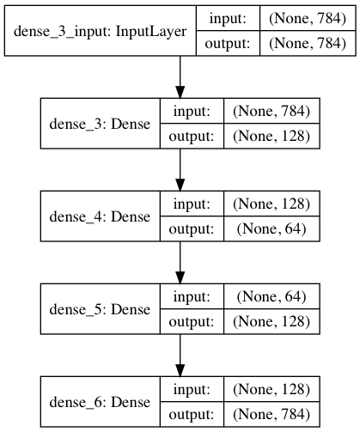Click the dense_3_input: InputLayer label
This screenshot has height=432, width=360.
tap(100, 31)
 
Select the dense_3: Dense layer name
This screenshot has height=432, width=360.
tap(100, 124)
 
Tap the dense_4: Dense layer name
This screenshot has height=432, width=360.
tap(100, 216)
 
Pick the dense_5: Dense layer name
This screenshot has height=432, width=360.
tap(100, 309)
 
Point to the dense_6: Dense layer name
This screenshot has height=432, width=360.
tap(100, 402)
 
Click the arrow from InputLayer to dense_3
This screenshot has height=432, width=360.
tap(180, 77)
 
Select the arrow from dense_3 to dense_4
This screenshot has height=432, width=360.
tap(180, 170)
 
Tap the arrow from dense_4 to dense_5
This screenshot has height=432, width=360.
tap(180, 263)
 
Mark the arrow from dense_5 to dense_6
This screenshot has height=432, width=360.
tap(180, 356)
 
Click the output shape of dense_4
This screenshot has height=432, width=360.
tap(272, 229)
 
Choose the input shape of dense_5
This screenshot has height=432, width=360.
tap(272, 296)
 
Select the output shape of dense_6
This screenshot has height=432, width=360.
tap(272, 415)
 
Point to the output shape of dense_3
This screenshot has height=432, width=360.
tap(272, 137)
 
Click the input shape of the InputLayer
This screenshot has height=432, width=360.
tap(308, 19)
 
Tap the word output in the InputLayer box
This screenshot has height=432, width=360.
tap(228, 44)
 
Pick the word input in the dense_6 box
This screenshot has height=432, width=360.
tap(192, 390)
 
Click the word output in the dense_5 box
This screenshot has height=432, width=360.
tap(192, 322)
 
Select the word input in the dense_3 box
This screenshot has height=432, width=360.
tap(192, 112)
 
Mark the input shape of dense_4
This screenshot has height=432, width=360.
tap(272, 204)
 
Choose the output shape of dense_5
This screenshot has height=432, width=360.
tap(272, 322)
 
